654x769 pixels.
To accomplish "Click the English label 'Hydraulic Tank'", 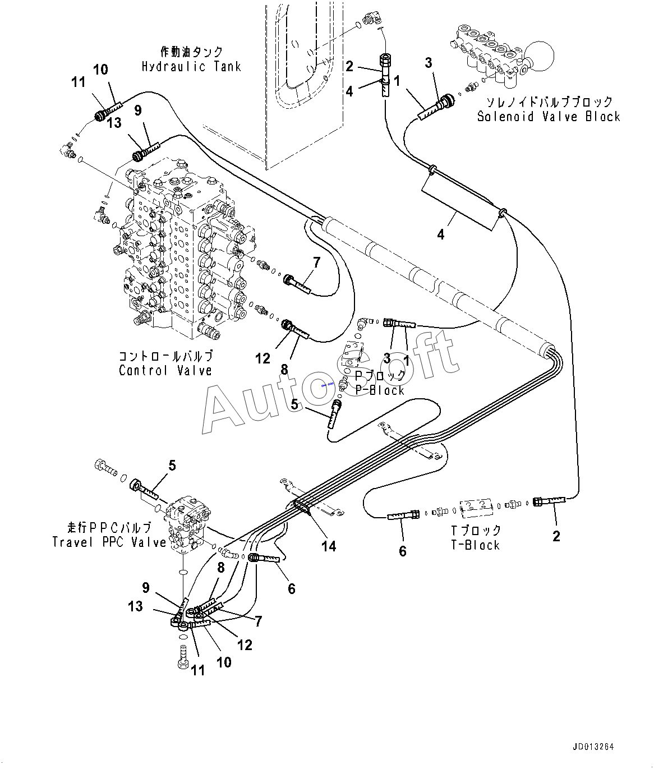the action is pos(191,67).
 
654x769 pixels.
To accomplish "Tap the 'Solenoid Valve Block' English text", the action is pos(549,117).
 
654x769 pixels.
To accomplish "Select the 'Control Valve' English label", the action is pos(165,371).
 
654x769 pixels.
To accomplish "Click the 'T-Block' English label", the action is pos(476,545).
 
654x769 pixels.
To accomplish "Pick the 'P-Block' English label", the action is pos(380,390).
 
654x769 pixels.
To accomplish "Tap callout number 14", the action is pos(329,546).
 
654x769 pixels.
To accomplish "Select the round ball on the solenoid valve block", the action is pos(539,56).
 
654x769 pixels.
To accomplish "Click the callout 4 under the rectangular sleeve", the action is pos(440,235).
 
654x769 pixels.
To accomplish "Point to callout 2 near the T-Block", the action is pos(556,536).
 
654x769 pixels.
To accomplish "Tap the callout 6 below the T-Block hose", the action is pos(403,551).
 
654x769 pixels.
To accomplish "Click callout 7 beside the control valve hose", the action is pos(316,263).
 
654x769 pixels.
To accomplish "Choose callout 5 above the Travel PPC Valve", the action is pos(172,466).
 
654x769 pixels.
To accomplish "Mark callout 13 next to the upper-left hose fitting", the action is pos(114,123).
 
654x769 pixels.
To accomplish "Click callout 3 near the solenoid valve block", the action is pos(429,63).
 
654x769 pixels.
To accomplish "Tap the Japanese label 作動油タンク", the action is pos(192,52).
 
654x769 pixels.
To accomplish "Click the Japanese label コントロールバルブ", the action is pos(166,356).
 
